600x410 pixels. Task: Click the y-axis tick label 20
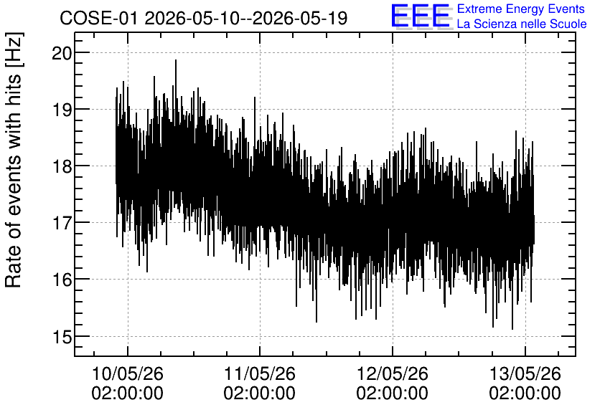pos(62,53)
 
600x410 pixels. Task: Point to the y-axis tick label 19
pos(62,110)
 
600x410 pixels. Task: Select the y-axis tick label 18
pos(62,166)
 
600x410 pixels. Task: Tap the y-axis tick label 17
pos(62,223)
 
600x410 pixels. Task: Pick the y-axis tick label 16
pos(62,280)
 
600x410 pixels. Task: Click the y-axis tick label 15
pos(62,337)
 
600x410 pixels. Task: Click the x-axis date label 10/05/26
pos(128,373)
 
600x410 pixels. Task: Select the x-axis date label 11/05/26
pos(259,373)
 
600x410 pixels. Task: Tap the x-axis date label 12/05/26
pos(392,373)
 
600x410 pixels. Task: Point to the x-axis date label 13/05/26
pos(525,373)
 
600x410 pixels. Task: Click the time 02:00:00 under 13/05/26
pos(525,394)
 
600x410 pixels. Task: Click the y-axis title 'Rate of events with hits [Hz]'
pos(14,160)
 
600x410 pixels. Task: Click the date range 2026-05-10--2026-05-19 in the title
pos(245,18)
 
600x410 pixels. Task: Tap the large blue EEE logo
pos(421,16)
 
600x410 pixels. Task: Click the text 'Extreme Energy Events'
pos(521,9)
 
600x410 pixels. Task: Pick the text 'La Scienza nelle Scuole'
pos(522,24)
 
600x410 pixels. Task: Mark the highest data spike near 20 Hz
pos(176,61)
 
